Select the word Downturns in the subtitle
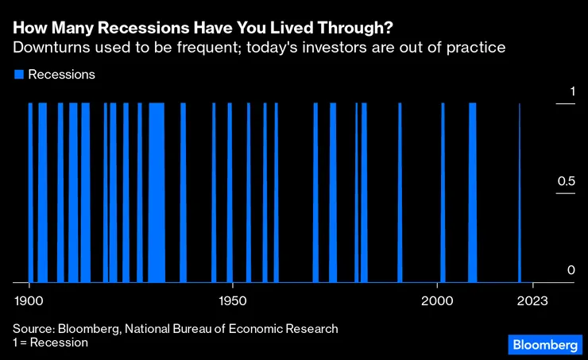[x=52, y=48]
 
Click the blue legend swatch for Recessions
[x=18, y=75]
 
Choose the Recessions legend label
[x=61, y=75]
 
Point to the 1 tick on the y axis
[x=571, y=92]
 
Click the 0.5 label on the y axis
[x=565, y=182]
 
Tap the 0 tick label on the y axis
[x=571, y=271]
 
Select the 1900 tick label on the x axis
[x=29, y=302]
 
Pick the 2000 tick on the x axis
[x=438, y=302]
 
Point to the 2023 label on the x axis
[x=532, y=302]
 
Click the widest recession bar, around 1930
[x=157, y=191]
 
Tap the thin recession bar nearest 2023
[x=520, y=191]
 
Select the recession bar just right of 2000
[x=443, y=191]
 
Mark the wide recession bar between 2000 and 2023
[x=472, y=191]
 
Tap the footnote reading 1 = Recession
[x=50, y=343]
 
